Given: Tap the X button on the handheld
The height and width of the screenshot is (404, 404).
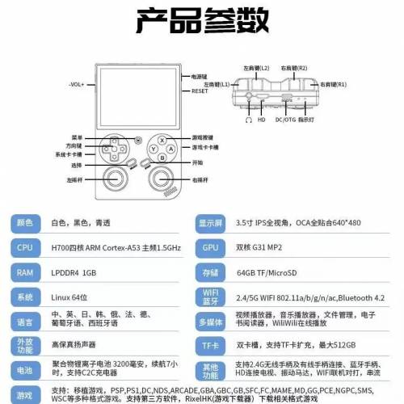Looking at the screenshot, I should [161, 138].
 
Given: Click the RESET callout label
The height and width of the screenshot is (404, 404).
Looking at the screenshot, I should [200, 92].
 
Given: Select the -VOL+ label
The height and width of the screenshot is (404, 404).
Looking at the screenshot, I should [77, 84].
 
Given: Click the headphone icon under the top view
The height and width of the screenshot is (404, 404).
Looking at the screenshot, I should [248, 120].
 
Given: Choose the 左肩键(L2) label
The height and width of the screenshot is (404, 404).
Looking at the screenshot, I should [255, 69].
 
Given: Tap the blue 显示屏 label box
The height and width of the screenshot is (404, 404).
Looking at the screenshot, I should [211, 223].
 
